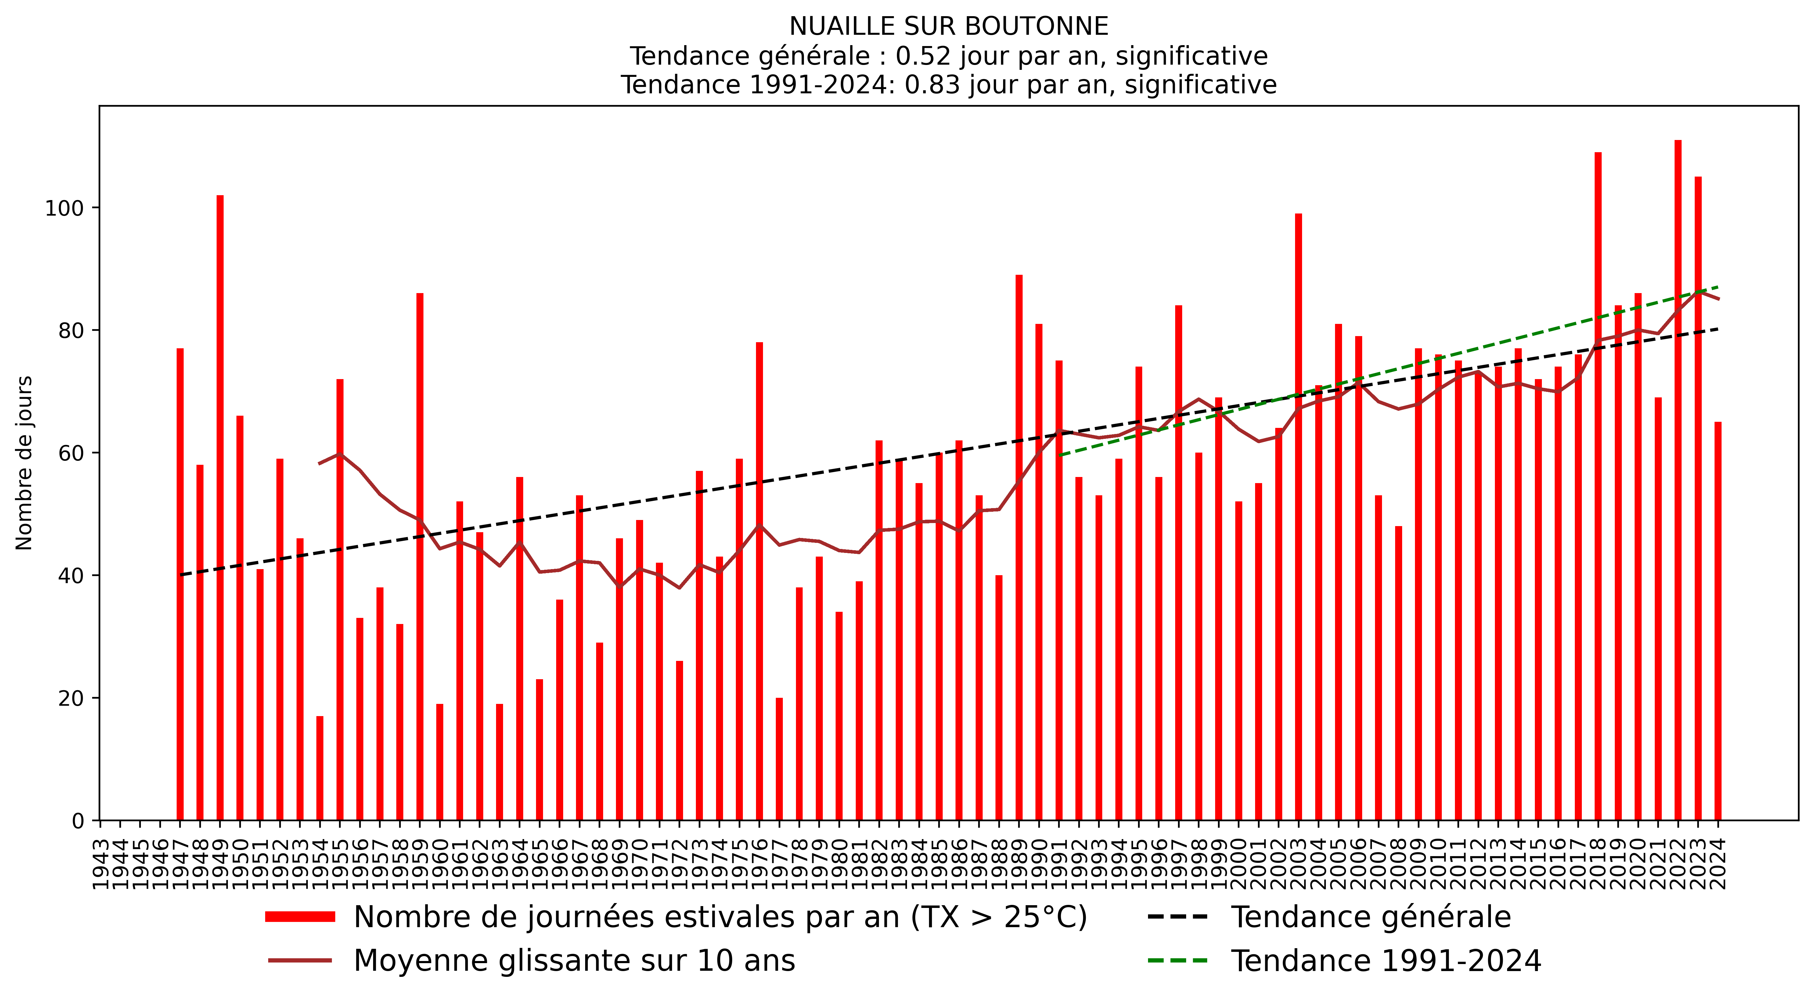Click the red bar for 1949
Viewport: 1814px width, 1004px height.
pyautogui.click(x=220, y=507)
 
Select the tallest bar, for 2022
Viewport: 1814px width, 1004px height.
pyautogui.click(x=1678, y=479)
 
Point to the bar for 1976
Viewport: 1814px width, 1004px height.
pyautogui.click(x=759, y=581)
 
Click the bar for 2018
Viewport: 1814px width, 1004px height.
pyautogui.click(x=1598, y=486)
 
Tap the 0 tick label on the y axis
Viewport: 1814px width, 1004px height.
pyautogui.click(x=77, y=821)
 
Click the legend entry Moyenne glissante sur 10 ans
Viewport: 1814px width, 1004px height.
pyautogui.click(x=574, y=960)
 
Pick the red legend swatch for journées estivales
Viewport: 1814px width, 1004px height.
pyautogui.click(x=300, y=917)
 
